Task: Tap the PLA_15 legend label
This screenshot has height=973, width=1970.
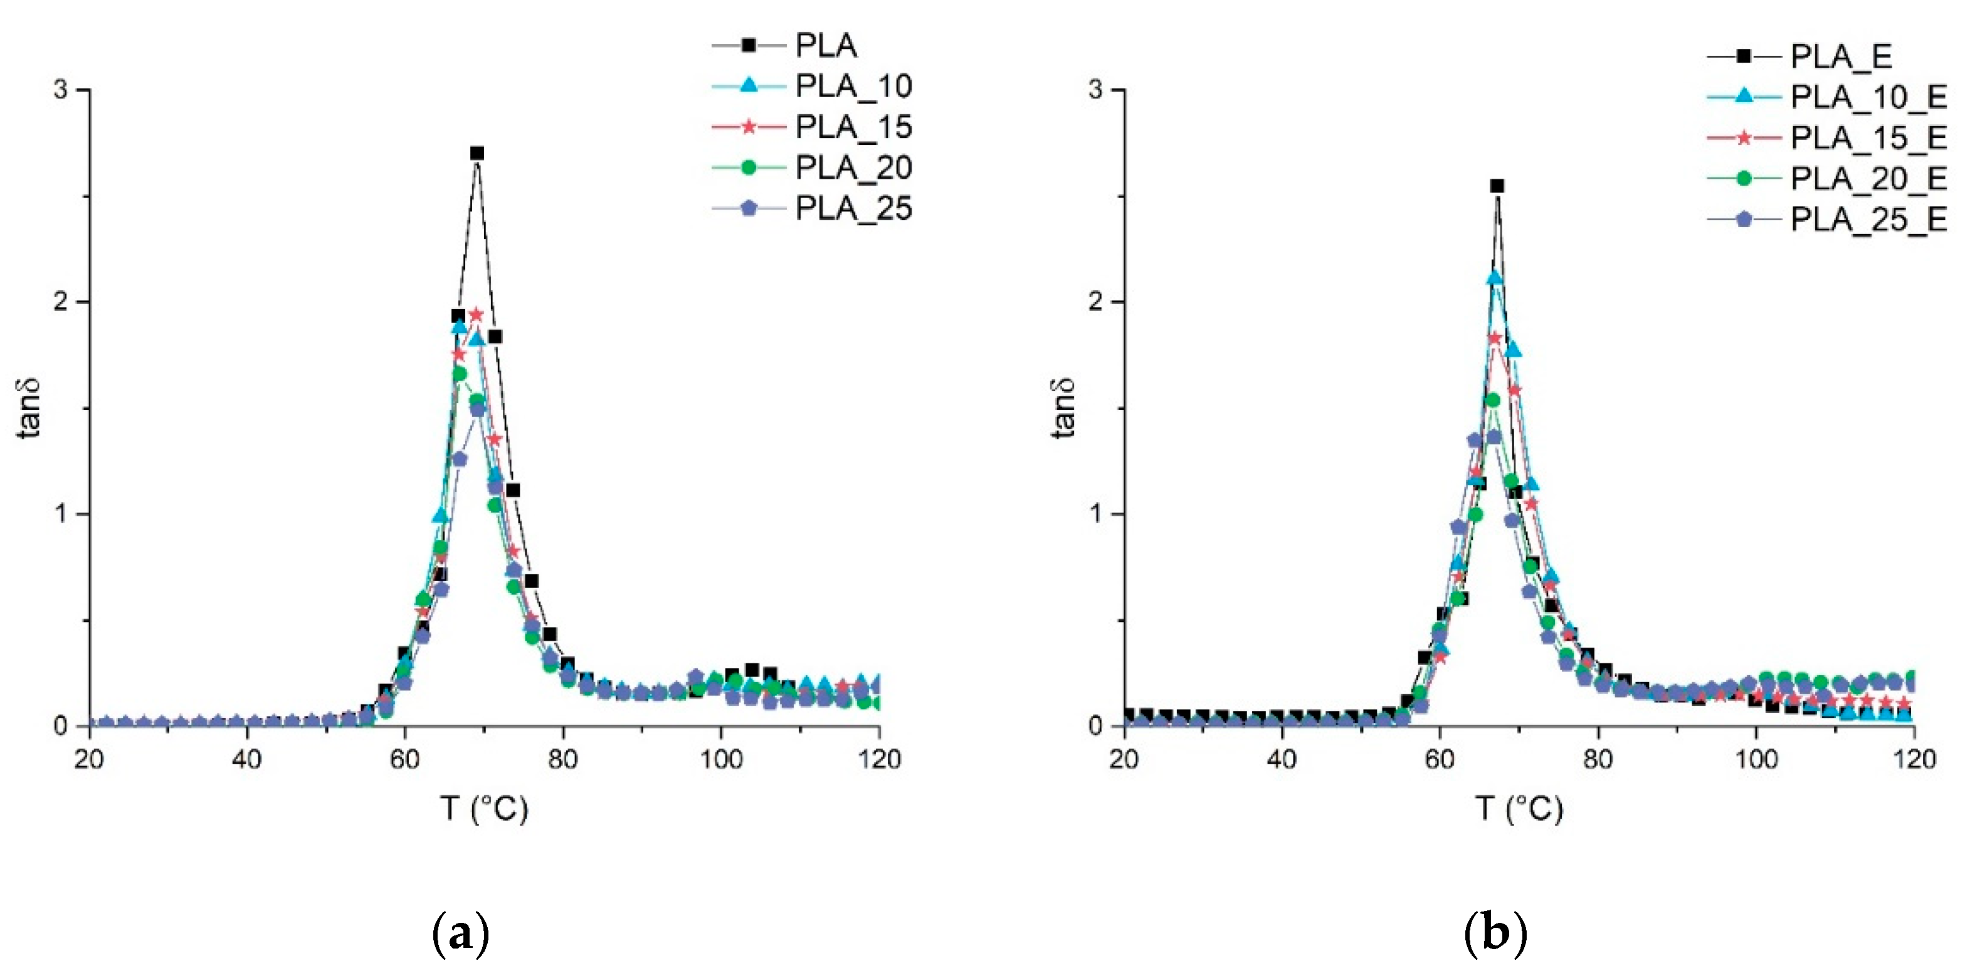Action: pos(853,127)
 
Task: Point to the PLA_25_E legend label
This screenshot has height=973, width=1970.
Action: pos(1868,219)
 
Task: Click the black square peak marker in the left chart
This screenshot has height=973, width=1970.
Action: pos(477,153)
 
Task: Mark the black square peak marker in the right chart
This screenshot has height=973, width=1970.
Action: pos(1497,186)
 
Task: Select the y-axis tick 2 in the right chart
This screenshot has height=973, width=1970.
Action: pos(1096,302)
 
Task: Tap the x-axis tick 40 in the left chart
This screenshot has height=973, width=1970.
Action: pos(247,760)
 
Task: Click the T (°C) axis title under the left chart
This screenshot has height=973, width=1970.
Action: pos(484,809)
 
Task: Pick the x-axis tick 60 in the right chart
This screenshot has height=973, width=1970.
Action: pos(1440,760)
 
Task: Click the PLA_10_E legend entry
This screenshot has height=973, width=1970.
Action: pos(1868,97)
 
